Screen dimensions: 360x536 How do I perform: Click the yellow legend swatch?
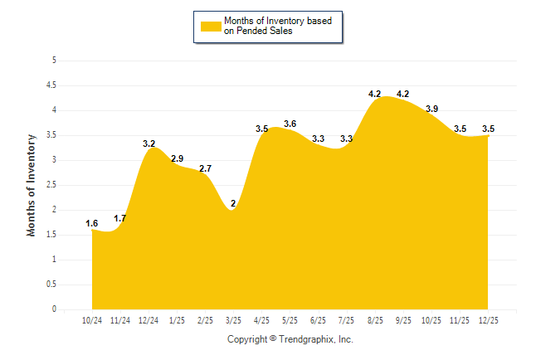[211, 26]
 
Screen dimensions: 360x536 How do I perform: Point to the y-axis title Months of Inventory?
[32, 185]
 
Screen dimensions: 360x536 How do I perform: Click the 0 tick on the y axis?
[54, 309]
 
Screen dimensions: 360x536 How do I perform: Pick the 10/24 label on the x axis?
[92, 319]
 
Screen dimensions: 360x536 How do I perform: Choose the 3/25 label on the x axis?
[233, 319]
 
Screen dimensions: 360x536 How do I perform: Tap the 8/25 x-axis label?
[375, 319]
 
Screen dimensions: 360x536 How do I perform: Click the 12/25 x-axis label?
[488, 319]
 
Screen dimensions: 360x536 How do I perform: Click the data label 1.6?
[92, 223]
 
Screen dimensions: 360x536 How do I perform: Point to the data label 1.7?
[120, 218]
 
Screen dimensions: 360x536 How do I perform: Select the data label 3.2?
[149, 144]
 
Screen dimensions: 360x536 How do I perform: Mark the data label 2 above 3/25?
[233, 203]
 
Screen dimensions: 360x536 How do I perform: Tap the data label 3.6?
[290, 124]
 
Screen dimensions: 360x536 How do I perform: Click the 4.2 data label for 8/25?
[375, 94]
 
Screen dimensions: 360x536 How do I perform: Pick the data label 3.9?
[431, 109]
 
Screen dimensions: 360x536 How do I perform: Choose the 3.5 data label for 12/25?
[488, 129]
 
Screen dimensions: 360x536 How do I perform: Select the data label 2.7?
[205, 168]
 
